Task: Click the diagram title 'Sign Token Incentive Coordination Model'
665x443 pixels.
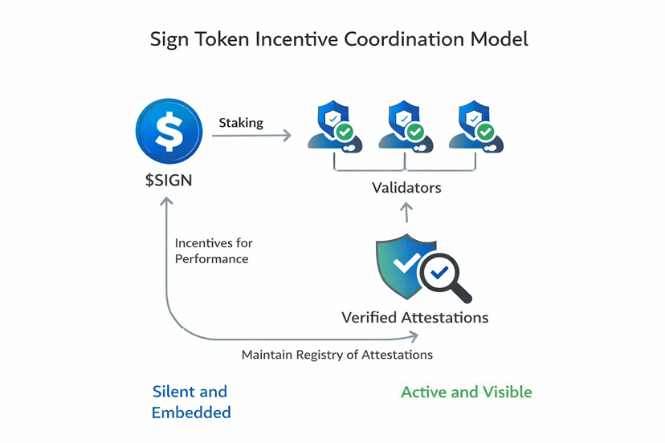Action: [x=339, y=39]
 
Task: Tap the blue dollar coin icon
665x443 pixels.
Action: [x=169, y=128]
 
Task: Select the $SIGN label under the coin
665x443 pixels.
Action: [x=169, y=179]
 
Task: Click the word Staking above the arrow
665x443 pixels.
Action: [x=241, y=123]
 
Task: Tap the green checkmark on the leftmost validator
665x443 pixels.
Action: [x=345, y=131]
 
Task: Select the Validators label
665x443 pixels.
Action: [x=406, y=188]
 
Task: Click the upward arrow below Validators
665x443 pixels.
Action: [x=406, y=213]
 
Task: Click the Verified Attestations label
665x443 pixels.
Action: [x=414, y=317]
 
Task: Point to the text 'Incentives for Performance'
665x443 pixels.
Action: [x=213, y=250]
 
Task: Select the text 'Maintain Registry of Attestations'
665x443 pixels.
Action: [x=337, y=354]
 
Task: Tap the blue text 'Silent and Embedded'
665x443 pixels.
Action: [x=190, y=402]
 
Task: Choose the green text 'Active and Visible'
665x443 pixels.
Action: [x=466, y=392]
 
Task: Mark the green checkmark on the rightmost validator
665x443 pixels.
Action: [x=485, y=131]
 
